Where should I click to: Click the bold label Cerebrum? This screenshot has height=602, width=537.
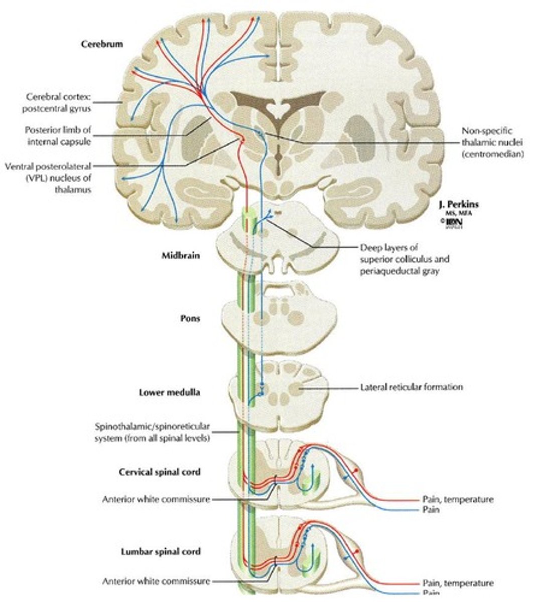coord(102,44)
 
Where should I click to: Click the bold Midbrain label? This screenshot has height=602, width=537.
coord(181,255)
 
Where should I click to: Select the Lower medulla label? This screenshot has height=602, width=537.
coord(169,392)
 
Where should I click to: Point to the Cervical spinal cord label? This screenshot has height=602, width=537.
coord(160,472)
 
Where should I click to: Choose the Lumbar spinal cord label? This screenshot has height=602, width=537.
coord(161,551)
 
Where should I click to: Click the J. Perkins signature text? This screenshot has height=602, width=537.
coord(458,205)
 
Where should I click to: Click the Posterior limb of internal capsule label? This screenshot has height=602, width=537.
coord(58,135)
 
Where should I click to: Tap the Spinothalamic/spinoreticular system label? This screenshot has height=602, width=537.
coord(152,432)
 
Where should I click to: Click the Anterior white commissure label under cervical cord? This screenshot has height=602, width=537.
coord(156,499)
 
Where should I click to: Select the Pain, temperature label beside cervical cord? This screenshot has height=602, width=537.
coord(457,499)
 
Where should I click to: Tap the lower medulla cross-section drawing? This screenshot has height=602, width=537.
coord(279,391)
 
